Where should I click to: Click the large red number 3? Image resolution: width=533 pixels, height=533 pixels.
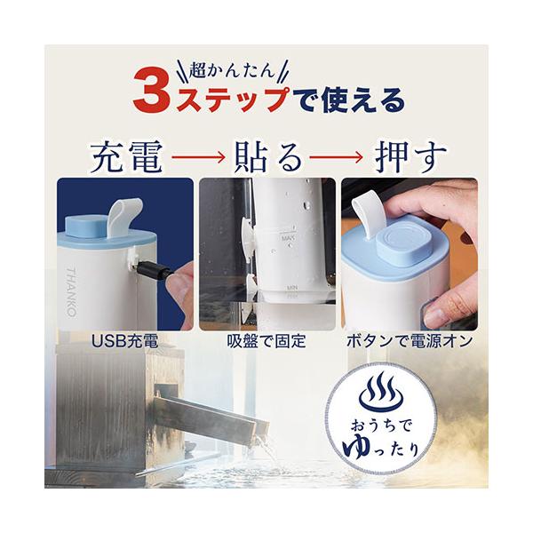coord(151,92)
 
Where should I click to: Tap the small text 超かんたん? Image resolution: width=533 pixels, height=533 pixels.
coord(232,70)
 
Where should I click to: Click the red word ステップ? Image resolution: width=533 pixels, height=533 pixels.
coord(233,99)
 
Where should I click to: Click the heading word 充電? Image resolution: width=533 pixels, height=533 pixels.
coord(127,158)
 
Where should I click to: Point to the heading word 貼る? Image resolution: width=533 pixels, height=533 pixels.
coord(268,158)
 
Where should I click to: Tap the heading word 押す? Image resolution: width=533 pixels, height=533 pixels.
coord(411,158)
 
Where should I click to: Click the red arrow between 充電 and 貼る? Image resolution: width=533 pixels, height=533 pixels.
coord(198,157)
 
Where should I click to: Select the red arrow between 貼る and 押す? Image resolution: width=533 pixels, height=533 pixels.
coord(336,157)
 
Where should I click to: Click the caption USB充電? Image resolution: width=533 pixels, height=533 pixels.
coord(125,341)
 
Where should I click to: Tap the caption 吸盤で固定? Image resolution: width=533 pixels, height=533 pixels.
coord(266,341)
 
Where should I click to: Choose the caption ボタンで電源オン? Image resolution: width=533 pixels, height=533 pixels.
coord(410,341)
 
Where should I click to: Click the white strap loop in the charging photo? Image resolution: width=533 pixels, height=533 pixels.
coord(123,216)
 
